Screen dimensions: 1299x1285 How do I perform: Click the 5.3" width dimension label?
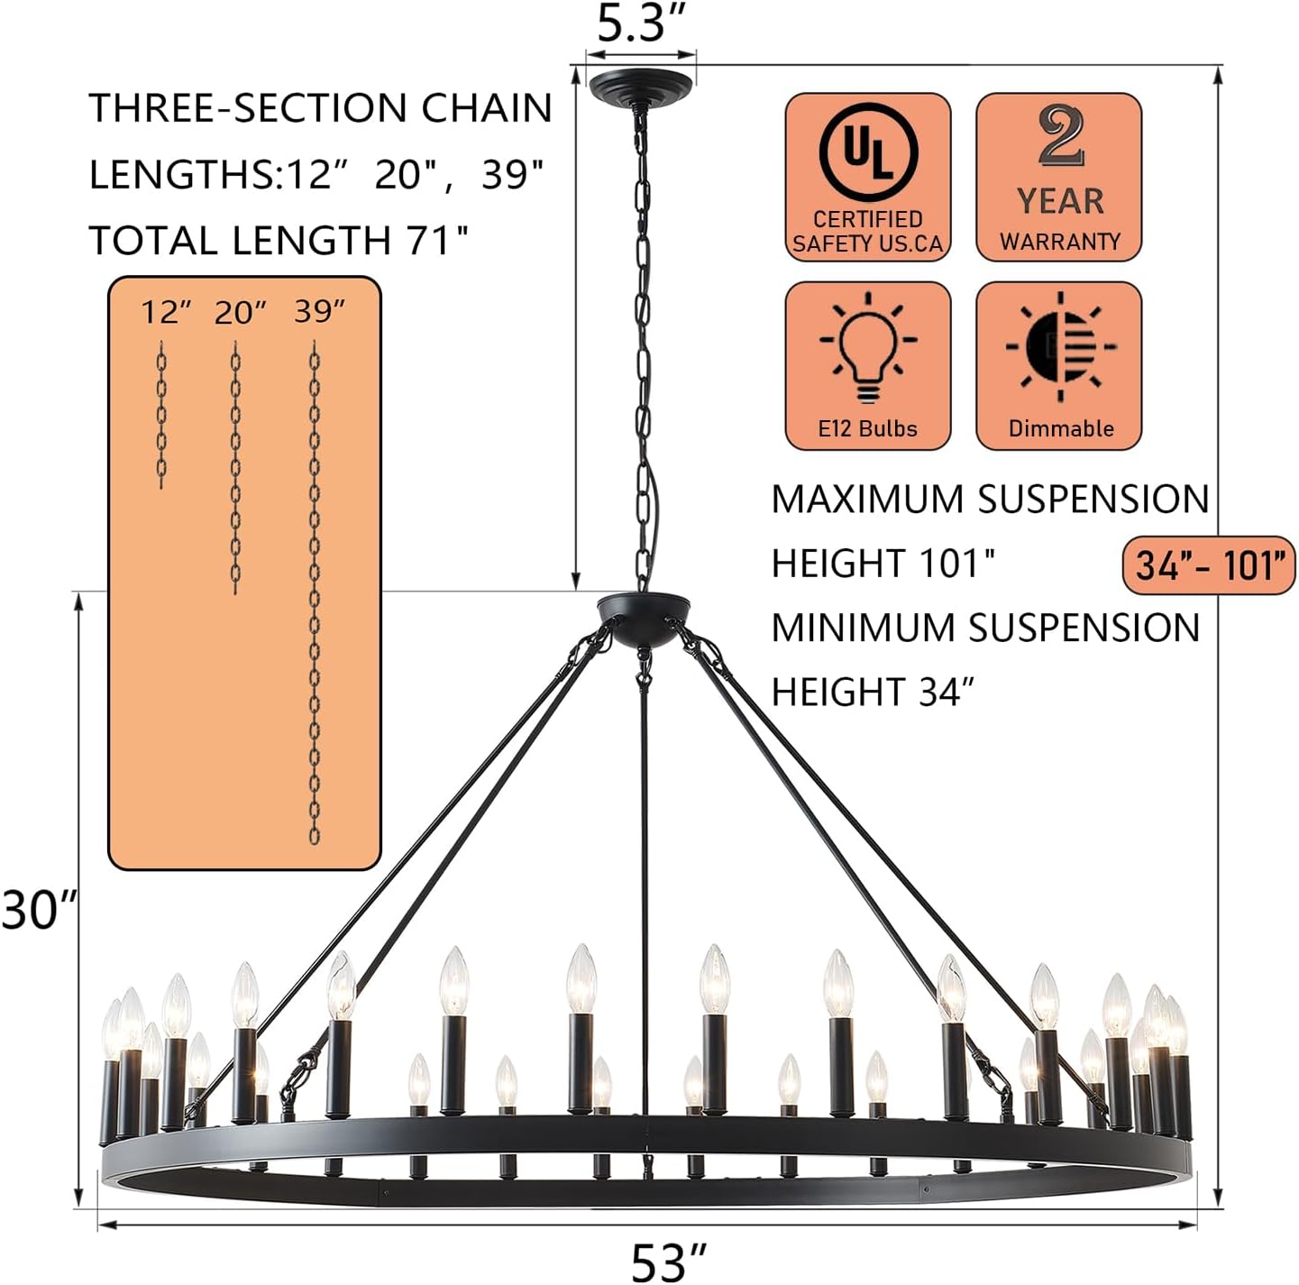640,23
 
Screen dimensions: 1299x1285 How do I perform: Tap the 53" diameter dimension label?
668,1262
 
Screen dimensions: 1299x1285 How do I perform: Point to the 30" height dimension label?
40,909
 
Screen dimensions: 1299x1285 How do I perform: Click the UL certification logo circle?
867,151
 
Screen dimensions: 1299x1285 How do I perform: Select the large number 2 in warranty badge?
1060,136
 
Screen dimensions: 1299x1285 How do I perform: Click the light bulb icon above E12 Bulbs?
867,349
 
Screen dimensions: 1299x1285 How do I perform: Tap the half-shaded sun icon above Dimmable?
1060,347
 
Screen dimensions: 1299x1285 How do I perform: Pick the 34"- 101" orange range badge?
1209,564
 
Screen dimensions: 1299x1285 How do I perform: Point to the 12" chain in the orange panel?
161,415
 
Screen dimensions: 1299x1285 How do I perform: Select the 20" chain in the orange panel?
235,467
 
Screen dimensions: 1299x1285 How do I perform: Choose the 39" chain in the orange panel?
314,593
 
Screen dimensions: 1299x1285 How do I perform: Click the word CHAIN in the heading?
487,108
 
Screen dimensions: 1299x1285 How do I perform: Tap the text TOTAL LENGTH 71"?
279,240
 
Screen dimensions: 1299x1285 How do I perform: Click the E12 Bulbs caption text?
867,428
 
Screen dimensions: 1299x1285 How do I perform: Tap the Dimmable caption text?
1061,428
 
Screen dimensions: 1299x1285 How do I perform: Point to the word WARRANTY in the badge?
1060,242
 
